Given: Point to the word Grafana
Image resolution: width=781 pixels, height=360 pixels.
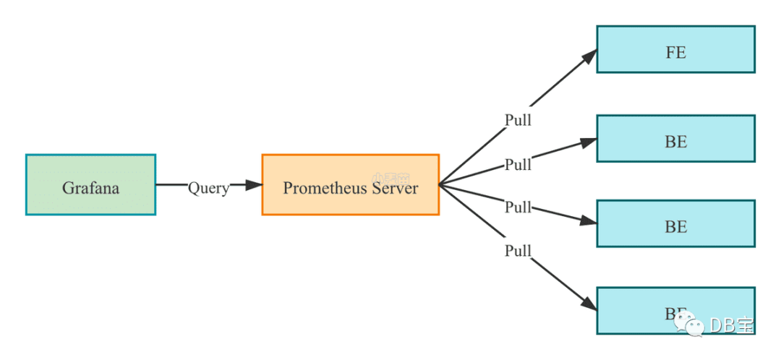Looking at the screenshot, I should pos(90,188).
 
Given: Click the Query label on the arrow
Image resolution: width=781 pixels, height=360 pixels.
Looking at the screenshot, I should pos(208,188).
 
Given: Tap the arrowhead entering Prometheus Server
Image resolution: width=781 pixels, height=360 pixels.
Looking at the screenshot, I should pos(254,185).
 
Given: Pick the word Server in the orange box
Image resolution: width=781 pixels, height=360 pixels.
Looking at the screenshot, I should pos(395,188).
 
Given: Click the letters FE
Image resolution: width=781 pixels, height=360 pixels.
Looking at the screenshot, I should pos(675,53).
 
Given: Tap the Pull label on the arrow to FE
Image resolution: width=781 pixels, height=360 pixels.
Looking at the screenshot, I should pos(518,120).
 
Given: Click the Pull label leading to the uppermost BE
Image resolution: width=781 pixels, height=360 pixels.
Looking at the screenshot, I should pos(518,165).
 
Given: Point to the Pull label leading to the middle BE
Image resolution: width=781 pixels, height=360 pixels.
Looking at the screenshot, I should pos(518,208).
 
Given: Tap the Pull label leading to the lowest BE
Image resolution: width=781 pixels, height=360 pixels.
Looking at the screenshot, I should pos(518,252).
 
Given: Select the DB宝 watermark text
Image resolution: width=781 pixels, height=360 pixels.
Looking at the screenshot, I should pos(731,326).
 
